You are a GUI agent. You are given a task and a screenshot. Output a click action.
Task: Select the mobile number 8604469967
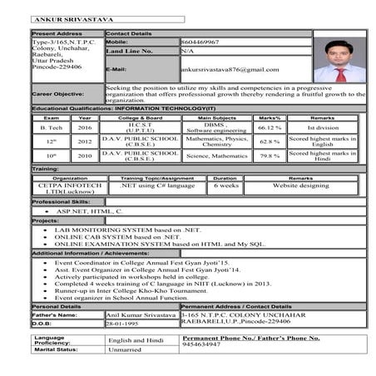[x=200, y=41]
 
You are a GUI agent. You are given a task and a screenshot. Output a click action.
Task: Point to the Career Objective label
[x=57, y=94]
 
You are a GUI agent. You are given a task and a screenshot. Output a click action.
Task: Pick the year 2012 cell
[x=85, y=141]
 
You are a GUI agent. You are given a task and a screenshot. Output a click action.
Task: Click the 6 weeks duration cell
[x=225, y=186]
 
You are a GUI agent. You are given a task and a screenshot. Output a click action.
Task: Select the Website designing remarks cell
[x=300, y=186]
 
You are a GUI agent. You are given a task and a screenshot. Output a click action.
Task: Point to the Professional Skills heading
[x=61, y=202]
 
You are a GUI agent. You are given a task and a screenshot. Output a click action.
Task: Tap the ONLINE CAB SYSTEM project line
[x=113, y=236]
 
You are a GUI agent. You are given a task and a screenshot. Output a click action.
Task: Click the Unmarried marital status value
[x=125, y=349]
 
